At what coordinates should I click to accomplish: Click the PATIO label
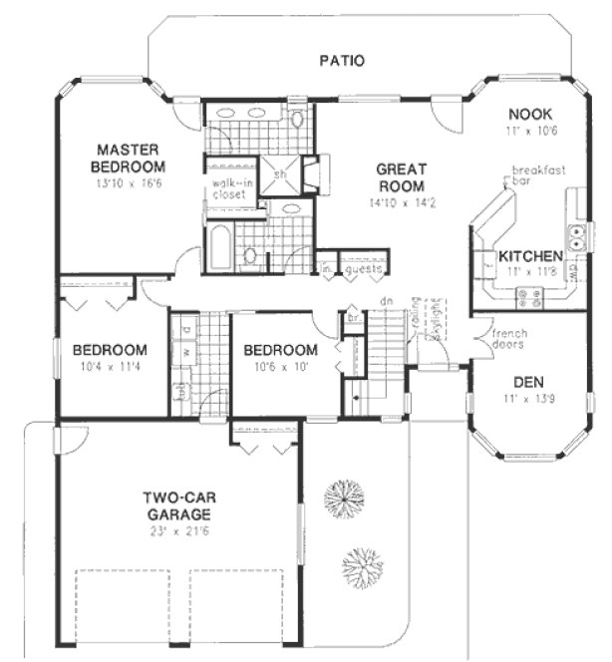click(x=341, y=61)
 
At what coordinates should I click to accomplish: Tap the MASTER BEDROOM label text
click(x=128, y=158)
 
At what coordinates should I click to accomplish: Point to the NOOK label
click(x=523, y=114)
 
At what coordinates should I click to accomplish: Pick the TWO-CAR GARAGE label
click(x=175, y=505)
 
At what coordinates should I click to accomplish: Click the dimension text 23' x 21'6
click(x=175, y=531)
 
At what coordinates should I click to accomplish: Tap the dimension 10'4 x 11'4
click(x=110, y=367)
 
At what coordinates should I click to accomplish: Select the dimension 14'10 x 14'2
click(x=402, y=202)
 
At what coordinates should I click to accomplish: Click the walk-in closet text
click(x=230, y=189)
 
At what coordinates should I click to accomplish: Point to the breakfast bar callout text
click(x=538, y=176)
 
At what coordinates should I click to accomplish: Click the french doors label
click(x=508, y=339)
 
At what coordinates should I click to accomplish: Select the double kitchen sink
click(x=577, y=236)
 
